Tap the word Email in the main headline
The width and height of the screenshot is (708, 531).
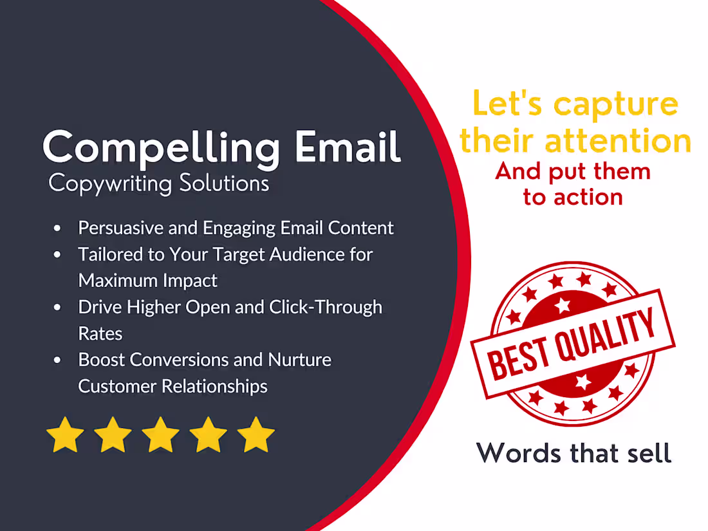[348, 147]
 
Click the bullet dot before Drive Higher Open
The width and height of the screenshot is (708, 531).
[59, 308]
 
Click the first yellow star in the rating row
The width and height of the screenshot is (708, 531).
[66, 435]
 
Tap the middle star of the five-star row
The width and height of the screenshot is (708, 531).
[161, 435]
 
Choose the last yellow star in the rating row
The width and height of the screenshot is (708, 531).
[256, 435]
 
